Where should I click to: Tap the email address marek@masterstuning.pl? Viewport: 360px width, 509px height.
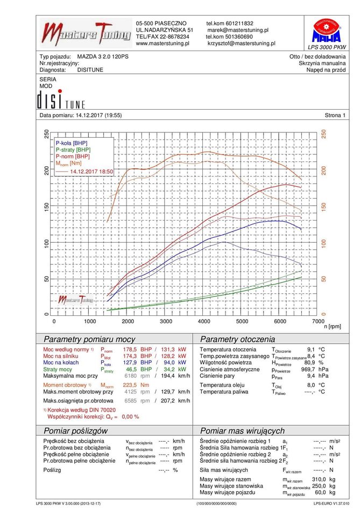(x=238, y=30)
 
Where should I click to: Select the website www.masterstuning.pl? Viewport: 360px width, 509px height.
(x=163, y=44)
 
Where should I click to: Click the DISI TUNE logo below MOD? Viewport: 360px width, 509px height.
(x=60, y=100)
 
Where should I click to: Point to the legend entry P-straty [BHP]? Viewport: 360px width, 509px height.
(x=73, y=149)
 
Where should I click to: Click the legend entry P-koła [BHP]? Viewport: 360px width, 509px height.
(x=71, y=143)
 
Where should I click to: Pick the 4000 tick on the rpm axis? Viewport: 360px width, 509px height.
(x=204, y=321)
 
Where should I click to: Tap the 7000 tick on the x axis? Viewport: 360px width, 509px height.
(x=318, y=321)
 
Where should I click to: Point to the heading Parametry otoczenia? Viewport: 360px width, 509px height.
(x=237, y=340)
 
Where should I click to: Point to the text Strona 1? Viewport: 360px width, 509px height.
(x=335, y=115)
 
